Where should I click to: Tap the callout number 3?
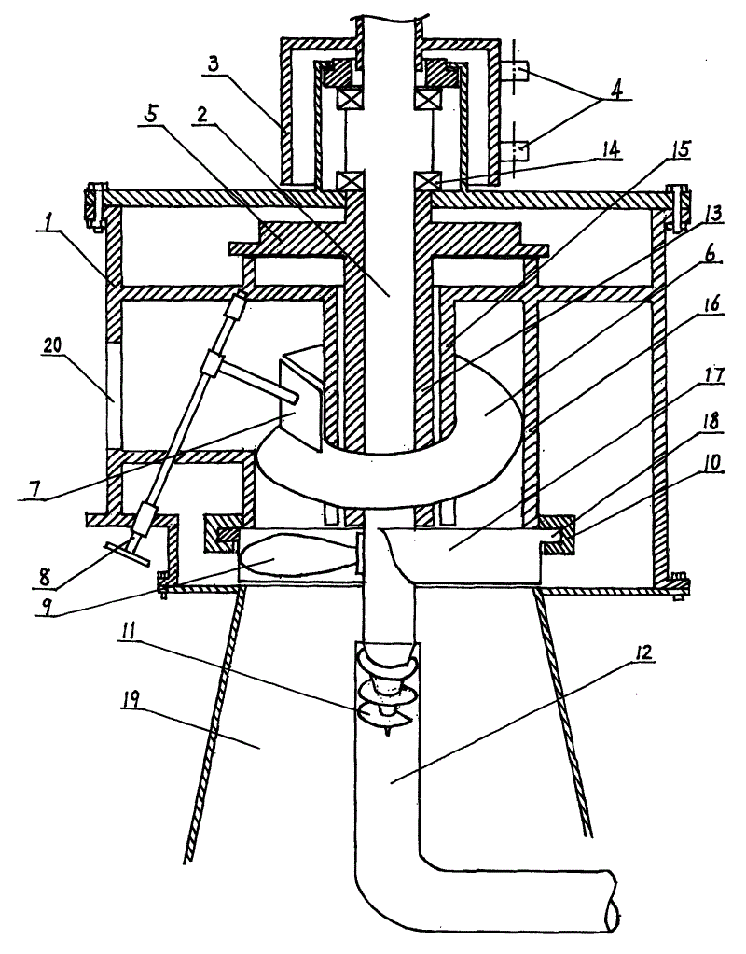[213, 66]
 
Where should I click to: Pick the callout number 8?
[45, 576]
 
